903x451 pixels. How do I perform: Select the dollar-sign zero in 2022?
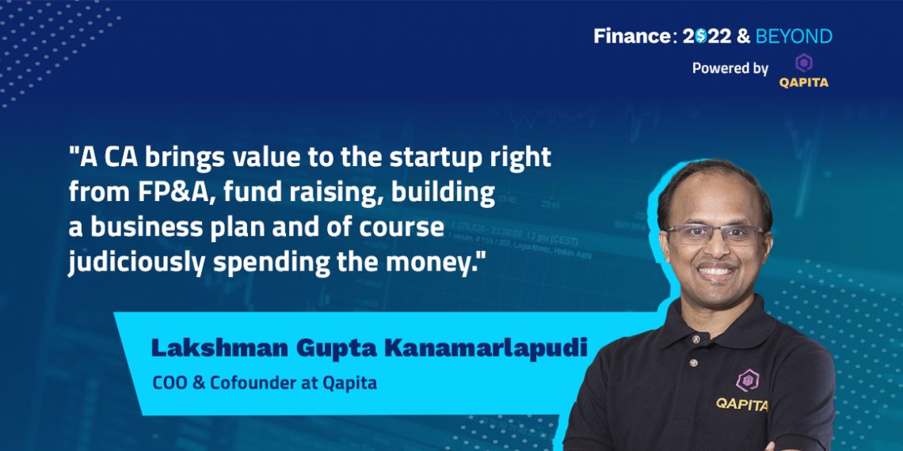(701, 36)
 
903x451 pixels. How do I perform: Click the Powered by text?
(730, 68)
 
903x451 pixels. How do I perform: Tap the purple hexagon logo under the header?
(803, 63)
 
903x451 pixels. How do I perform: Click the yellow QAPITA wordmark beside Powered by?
(803, 82)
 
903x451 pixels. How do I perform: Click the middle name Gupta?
(322, 348)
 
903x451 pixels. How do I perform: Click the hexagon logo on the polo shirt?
(747, 380)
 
